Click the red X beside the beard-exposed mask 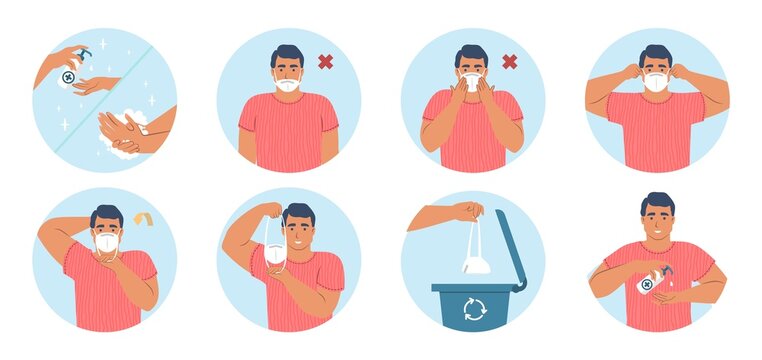(325, 62)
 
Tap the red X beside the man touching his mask (509, 62)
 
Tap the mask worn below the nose (287, 85)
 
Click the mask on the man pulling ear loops (656, 82)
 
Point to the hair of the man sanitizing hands (657, 202)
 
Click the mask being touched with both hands (471, 82)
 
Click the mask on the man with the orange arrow (106, 242)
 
